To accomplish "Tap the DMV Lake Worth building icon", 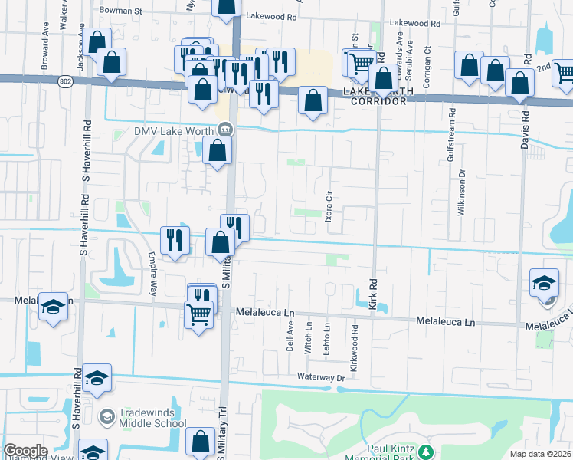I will point(225,129).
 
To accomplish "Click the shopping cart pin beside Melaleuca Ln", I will point(199,314).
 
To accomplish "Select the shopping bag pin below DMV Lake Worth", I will point(218,150).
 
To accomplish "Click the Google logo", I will point(25,451).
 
